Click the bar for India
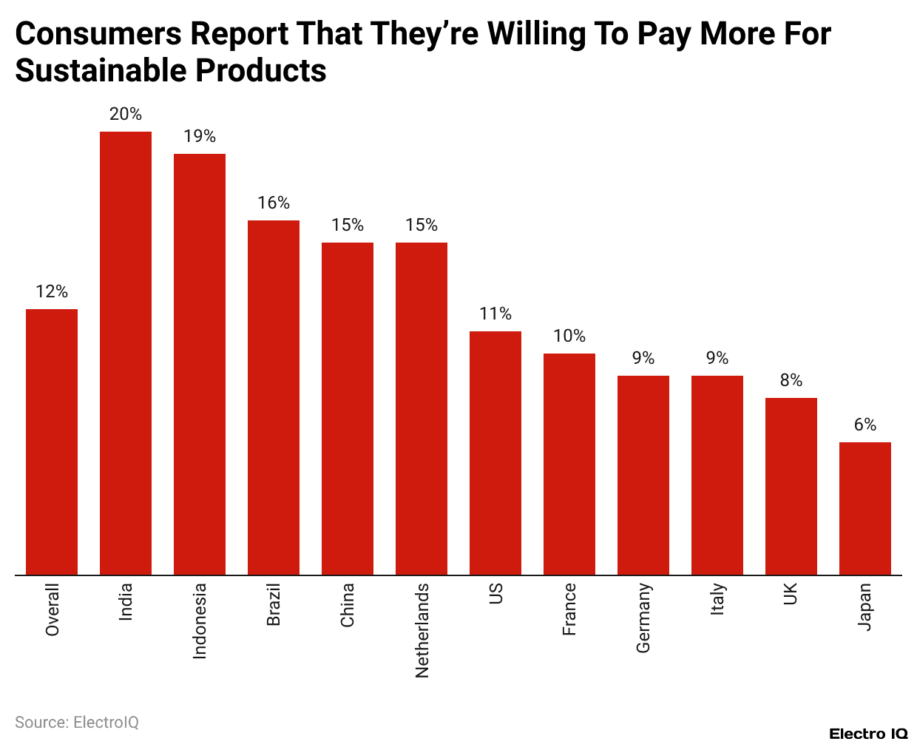coord(126,353)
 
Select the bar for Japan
coord(865,508)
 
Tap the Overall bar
coord(52,442)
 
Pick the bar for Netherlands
coord(422,408)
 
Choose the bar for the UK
coord(791,486)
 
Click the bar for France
coord(569,464)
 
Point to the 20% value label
coord(126,114)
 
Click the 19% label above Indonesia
coord(200,136)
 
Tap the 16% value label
coord(274,203)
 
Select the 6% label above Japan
coord(865,425)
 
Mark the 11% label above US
coord(495,314)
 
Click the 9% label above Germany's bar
coord(643,358)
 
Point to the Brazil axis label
coord(274,605)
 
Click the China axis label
coord(348,605)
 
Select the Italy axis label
coord(717,599)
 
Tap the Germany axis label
coord(643,618)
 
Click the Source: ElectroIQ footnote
coord(77,722)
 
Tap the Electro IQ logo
coord(867,734)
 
